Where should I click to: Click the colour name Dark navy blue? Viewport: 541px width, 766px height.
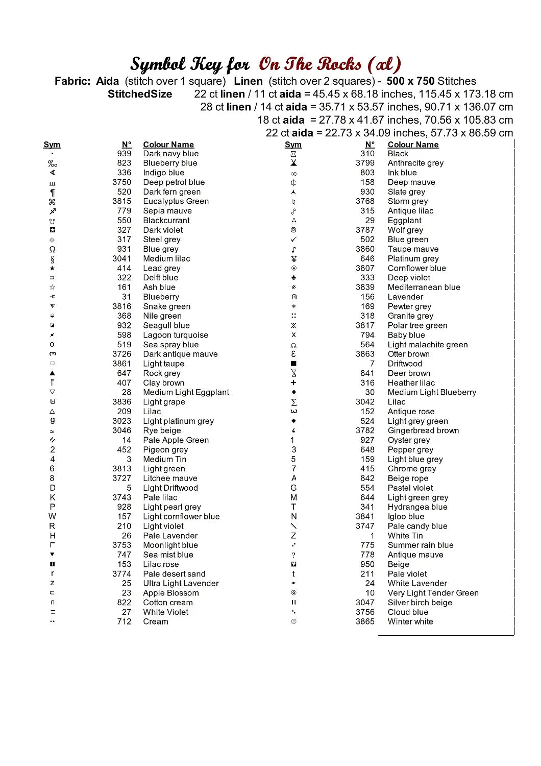(x=170, y=154)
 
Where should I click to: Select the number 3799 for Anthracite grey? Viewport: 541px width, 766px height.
(x=365, y=163)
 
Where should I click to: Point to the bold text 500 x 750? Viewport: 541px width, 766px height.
(x=410, y=81)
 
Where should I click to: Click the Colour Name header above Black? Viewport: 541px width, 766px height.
(x=413, y=145)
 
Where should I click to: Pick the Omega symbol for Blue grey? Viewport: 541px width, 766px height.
(x=52, y=249)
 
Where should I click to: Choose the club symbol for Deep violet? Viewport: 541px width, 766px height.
(x=293, y=278)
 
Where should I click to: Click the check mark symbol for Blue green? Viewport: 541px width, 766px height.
(x=293, y=240)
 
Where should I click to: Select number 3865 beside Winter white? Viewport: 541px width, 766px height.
(x=365, y=621)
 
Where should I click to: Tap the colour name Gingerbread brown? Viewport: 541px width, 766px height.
(x=423, y=430)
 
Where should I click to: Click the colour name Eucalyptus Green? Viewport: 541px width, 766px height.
(x=176, y=201)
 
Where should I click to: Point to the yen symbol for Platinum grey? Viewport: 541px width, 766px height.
(x=293, y=259)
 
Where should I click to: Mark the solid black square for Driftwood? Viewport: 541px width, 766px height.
(x=293, y=364)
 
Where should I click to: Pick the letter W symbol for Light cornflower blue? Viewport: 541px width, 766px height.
(x=52, y=516)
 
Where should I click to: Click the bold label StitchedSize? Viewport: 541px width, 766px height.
(x=140, y=94)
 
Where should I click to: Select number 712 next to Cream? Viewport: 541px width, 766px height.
(x=124, y=621)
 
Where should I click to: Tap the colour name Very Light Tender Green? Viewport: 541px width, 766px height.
(x=433, y=593)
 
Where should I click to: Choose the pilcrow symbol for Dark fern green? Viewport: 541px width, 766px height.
(x=52, y=192)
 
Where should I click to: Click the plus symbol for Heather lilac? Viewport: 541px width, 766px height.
(x=293, y=383)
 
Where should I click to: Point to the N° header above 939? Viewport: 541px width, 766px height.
(x=127, y=145)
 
